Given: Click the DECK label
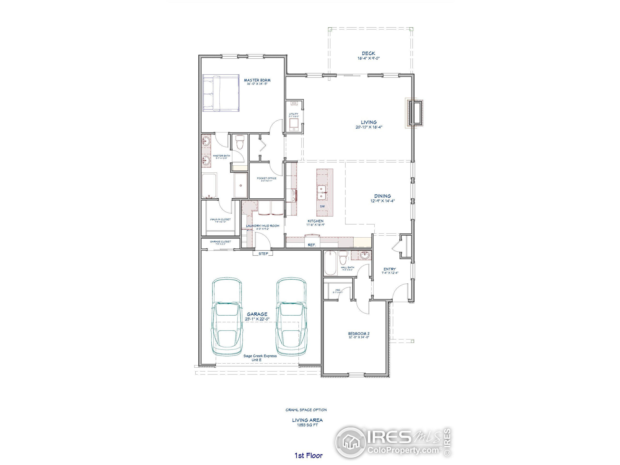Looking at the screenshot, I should click(368, 53).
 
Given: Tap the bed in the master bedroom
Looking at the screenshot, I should click(221, 93).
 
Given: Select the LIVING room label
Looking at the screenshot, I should click(369, 122).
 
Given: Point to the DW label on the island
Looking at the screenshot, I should click(322, 206).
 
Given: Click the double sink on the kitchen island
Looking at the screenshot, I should click(321, 193).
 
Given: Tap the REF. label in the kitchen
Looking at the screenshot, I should click(312, 245).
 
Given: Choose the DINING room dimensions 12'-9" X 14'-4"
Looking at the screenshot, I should click(382, 201).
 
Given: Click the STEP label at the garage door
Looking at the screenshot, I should click(263, 254).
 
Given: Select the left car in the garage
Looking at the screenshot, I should click(227, 317).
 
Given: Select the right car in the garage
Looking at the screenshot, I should click(292, 317).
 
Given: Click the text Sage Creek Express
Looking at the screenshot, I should click(260, 356).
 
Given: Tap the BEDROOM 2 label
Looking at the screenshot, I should click(359, 333).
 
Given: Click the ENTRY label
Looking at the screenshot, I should click(390, 269).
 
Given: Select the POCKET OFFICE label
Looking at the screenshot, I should click(267, 178).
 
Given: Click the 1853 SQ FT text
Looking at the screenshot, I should click(308, 425).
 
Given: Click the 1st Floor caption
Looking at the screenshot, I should click(308, 456).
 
